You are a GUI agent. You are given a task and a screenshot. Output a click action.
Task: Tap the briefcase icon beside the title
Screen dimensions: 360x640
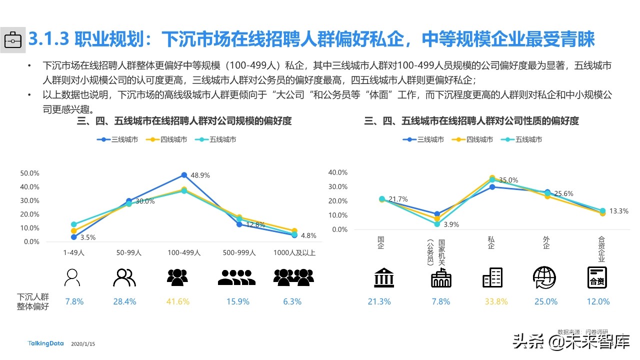click(13, 38)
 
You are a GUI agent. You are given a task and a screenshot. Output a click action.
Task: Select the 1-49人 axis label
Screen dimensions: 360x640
click(74, 253)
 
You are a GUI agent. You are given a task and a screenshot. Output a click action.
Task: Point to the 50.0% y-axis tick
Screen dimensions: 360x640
click(29, 173)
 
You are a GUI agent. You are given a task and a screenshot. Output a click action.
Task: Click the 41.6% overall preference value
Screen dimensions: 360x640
click(177, 301)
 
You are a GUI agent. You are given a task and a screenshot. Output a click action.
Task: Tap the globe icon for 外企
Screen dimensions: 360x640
click(544, 277)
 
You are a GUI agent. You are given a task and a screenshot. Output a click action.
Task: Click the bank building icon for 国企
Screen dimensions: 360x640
click(383, 277)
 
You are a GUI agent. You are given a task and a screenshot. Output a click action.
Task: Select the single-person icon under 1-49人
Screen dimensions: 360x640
click(73, 277)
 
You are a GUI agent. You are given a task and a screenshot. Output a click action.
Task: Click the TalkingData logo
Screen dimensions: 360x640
click(46, 343)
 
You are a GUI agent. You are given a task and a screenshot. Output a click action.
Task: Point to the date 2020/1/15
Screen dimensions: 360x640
click(83, 344)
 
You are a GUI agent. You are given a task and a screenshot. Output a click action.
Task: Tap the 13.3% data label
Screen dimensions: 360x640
click(618, 211)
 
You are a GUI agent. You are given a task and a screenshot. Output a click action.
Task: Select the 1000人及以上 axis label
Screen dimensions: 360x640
click(295, 253)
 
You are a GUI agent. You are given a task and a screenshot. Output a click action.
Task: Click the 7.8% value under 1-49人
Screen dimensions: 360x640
click(74, 301)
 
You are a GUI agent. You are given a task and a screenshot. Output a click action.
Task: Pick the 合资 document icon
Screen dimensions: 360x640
click(596, 277)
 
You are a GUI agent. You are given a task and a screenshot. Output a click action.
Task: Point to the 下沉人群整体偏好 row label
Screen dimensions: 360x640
click(33, 301)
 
